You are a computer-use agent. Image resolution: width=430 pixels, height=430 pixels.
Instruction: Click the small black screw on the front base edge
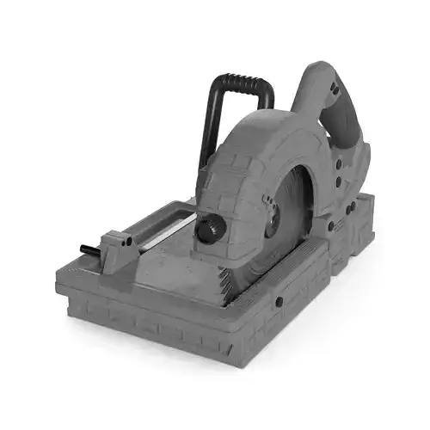279,303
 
